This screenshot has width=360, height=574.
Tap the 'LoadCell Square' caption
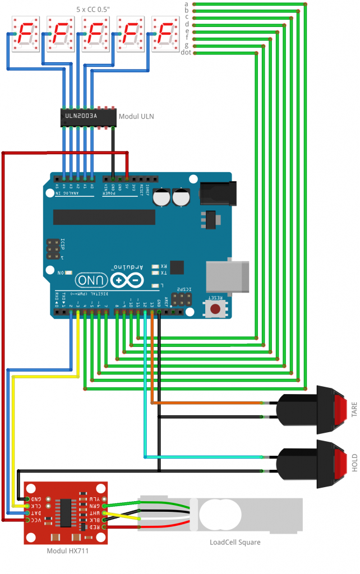click(x=236, y=542)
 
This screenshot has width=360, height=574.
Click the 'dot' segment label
click(x=187, y=53)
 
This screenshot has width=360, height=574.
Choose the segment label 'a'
click(x=186, y=4)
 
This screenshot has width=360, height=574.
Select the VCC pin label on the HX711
click(x=36, y=520)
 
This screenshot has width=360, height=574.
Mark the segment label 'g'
click(x=186, y=45)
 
